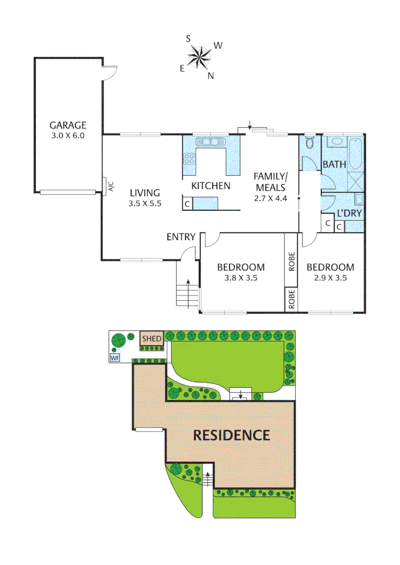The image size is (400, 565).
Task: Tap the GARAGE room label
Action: [68, 125]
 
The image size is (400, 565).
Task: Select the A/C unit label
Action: [110, 186]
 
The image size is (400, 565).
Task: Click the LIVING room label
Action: [145, 193]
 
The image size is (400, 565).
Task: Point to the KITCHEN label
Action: [210, 185]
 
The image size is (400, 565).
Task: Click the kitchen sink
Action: [209, 142]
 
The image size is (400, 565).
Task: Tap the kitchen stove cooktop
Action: [190, 158]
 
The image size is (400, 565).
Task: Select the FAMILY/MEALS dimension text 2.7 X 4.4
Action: [269, 198]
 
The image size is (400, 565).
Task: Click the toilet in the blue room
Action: [309, 144]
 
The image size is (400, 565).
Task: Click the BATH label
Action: [334, 164]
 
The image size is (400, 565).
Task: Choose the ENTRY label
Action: [181, 237]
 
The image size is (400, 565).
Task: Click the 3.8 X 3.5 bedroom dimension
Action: [241, 278]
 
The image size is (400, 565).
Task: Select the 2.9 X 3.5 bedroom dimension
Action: [330, 278]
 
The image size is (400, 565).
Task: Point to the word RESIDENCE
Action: [231, 435]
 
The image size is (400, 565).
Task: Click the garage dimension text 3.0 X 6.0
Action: [68, 135]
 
